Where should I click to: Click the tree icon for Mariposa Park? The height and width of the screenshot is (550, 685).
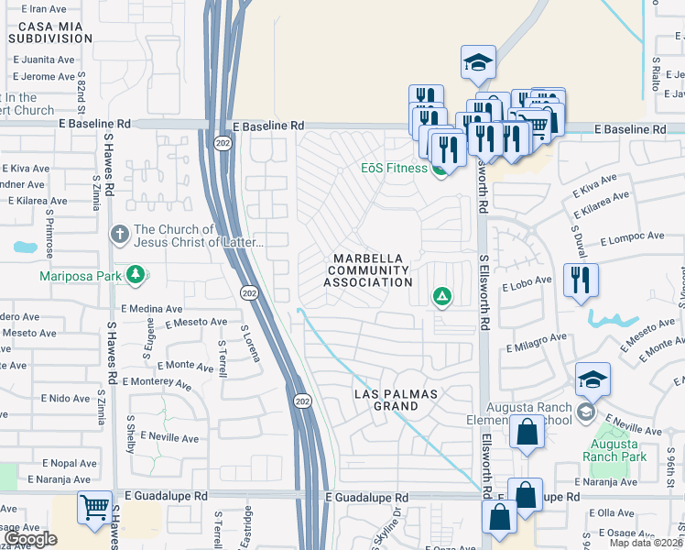[136, 274]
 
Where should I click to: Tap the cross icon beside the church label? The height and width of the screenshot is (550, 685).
[118, 235]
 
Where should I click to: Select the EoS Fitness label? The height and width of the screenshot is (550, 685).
[393, 169]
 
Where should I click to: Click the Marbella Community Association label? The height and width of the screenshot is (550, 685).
[368, 270]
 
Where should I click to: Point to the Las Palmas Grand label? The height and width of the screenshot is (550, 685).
[397, 400]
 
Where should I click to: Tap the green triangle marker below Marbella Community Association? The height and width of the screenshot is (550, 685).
[441, 296]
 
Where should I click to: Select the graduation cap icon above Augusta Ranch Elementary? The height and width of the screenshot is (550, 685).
[593, 379]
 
